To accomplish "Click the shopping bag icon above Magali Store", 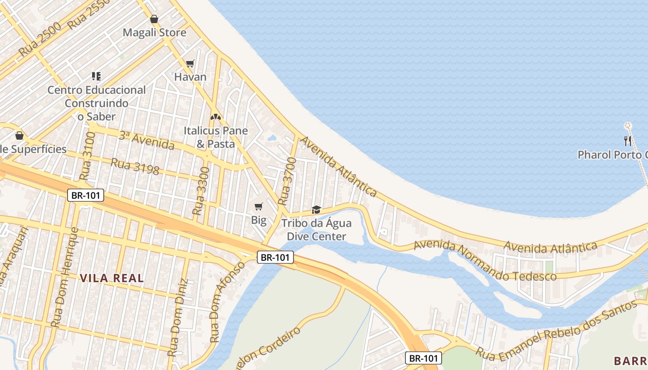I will (x=154, y=19).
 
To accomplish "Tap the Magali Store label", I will (x=155, y=33).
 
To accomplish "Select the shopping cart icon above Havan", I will (x=190, y=63).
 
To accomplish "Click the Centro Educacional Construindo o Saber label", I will (x=97, y=103).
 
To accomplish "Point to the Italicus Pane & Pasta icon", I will (x=215, y=117).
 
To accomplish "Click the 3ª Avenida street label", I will (x=146, y=141).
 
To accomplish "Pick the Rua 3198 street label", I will (x=135, y=166).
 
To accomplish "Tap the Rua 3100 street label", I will (x=87, y=156).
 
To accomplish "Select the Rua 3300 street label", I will (x=201, y=191).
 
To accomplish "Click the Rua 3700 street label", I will (x=287, y=181).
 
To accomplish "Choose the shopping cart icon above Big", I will (x=258, y=206).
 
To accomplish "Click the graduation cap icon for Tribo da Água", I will (x=317, y=210).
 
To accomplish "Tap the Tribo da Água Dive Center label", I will (x=317, y=230).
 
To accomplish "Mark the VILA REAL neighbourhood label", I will (x=112, y=278).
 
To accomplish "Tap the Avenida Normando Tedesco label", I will (x=485, y=261).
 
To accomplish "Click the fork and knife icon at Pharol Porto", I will (x=628, y=141).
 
